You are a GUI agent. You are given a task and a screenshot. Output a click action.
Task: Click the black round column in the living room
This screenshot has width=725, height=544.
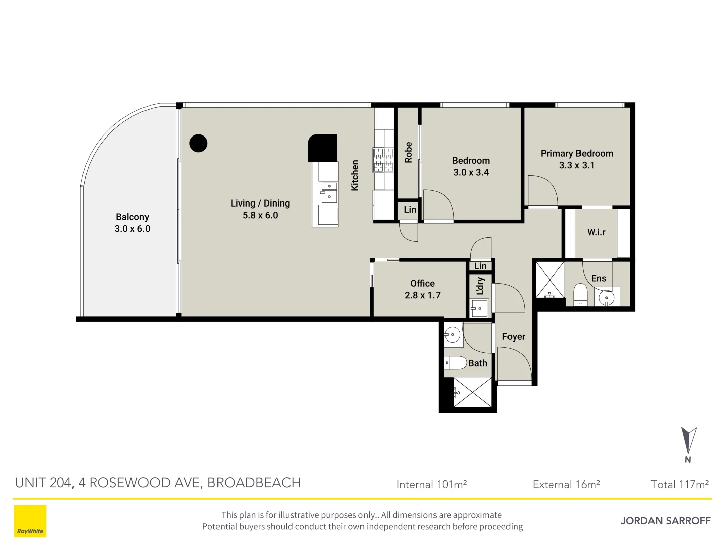pos(198,144)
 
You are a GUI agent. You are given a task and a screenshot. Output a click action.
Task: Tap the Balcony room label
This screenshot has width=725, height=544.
pos(132,217)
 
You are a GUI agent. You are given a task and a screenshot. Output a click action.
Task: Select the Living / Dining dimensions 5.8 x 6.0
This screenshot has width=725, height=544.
pos(260,215)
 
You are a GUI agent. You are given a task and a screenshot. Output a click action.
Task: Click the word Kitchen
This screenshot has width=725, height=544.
pos(355,175)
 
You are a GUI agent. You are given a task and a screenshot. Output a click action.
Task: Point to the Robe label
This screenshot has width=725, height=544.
pos(408,152)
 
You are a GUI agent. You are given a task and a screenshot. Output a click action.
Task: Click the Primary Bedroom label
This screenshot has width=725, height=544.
pos(577,153)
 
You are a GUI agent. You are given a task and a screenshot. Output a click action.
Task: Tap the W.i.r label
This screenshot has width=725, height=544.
pos(596,232)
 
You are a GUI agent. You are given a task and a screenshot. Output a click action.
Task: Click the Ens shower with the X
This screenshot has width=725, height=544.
pos(550,280)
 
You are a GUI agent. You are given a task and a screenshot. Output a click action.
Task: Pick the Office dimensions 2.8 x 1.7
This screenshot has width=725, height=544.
pos(422,295)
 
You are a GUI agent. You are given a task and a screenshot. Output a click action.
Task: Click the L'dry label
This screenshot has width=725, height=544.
pos(480,286)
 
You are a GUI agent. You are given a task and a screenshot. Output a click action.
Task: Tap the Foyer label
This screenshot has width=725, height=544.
pos(514,336)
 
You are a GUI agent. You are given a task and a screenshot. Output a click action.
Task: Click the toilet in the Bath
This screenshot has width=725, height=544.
pos(456,362)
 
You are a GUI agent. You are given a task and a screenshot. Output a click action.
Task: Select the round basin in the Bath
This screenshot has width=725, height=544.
pos(452,335)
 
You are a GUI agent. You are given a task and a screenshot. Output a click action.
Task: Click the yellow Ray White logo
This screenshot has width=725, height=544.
pos(30,521)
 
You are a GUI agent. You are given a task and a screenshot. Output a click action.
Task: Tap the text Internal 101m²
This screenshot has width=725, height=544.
pos(431,484)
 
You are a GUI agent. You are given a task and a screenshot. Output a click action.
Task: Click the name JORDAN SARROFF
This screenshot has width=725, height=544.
pos(666,521)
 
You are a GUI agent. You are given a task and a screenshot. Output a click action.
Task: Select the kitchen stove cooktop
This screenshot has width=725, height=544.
pos(383,160)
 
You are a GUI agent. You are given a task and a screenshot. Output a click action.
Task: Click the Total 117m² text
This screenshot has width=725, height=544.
pos(680,484)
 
